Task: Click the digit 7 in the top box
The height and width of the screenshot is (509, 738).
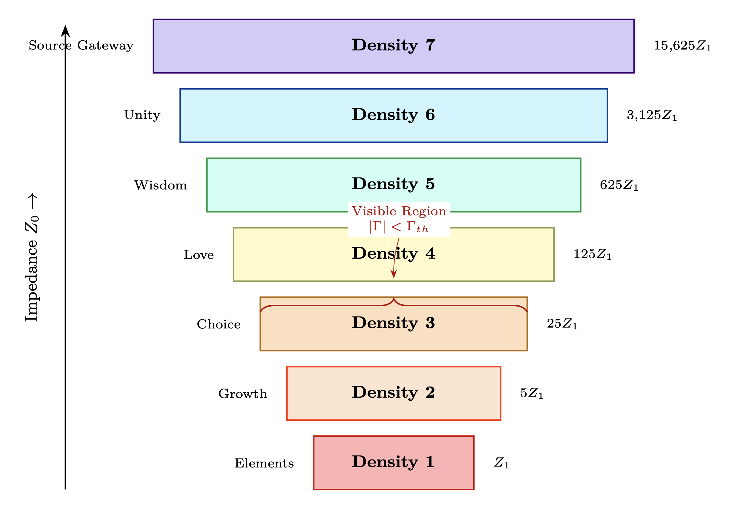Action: pos(430,45)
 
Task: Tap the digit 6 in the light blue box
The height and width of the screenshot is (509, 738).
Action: pos(430,114)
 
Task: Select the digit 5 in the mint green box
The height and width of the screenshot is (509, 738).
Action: pos(430,184)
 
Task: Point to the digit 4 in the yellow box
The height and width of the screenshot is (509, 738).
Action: pos(430,253)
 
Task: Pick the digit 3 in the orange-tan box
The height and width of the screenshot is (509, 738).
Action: pos(430,323)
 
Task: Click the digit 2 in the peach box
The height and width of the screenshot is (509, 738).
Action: pos(430,392)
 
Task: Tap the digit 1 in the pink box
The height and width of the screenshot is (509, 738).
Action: pos(430,461)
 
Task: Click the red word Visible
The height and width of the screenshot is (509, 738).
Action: pos(374,211)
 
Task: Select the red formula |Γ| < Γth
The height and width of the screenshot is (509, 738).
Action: pos(399,227)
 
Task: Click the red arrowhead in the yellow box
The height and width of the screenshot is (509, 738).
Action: pos(394,274)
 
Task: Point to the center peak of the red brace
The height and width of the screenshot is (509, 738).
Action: pos(394,299)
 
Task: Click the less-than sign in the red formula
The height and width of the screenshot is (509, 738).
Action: pos(396,227)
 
